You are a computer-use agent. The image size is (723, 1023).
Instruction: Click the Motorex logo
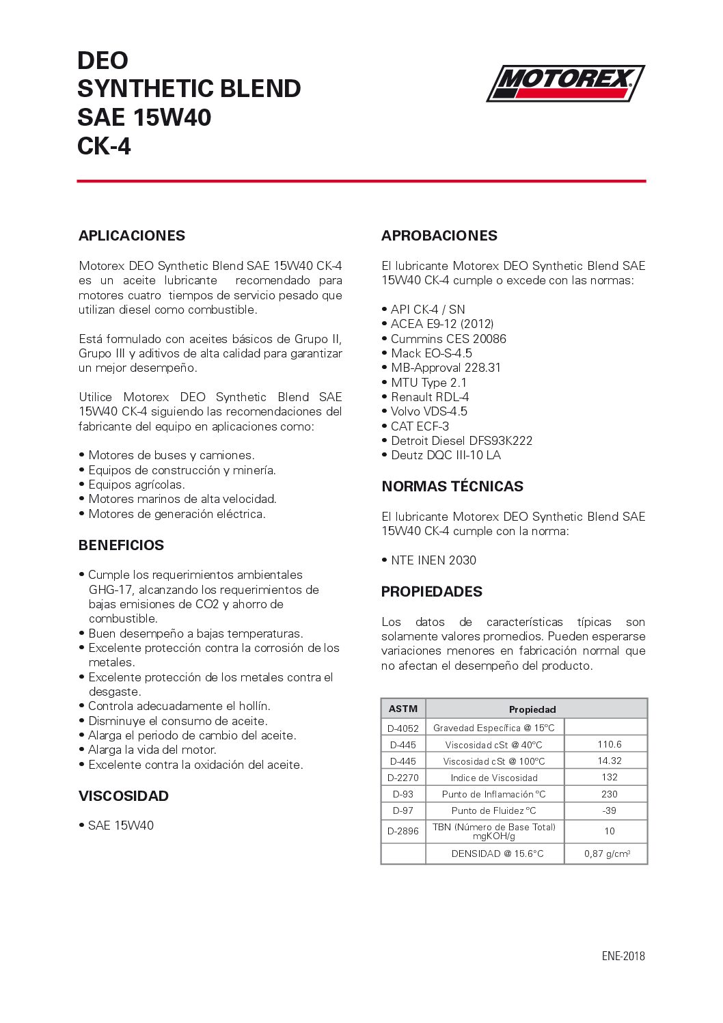tap(565, 83)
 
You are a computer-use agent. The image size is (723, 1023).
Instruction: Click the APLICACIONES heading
tap(132, 236)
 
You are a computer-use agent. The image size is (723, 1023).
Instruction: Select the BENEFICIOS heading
tap(121, 545)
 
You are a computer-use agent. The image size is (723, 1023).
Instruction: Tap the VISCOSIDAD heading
tap(123, 796)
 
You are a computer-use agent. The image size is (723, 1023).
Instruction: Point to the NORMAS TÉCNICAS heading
tap(452, 487)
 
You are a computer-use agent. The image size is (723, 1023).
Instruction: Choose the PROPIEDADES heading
tap(432, 592)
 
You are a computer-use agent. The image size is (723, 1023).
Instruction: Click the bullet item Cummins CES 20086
tap(448, 339)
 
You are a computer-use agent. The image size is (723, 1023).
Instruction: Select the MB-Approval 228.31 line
tap(446, 368)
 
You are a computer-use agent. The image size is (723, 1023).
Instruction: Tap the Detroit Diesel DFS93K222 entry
tap(461, 441)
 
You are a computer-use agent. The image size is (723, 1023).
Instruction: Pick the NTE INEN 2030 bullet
tap(433, 560)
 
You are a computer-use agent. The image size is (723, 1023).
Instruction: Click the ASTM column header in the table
tap(403, 709)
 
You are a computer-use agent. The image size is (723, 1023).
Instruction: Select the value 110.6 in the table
tap(609, 744)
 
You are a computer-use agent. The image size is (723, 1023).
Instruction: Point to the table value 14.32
tap(609, 761)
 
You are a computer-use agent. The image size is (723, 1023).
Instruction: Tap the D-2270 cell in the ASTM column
tap(403, 778)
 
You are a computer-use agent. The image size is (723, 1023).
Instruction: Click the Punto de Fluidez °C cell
tap(494, 810)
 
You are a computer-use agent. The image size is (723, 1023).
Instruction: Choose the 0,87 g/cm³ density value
tap(607, 854)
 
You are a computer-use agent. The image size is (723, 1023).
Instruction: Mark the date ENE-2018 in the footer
tap(623, 956)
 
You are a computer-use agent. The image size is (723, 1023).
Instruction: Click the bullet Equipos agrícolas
tap(137, 485)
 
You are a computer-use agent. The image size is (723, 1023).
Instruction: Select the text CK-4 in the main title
tap(104, 146)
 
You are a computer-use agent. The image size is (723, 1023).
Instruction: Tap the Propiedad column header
tap(532, 709)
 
